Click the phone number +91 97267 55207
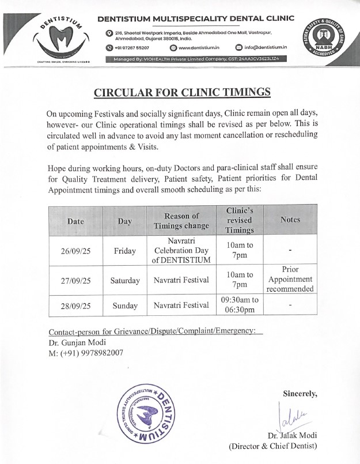(x=132, y=47)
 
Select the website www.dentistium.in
(x=199, y=47)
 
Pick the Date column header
(x=75, y=220)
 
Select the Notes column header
(x=290, y=220)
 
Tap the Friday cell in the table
(x=125, y=251)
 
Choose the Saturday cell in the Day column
(x=125, y=281)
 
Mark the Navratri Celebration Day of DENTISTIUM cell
(x=181, y=250)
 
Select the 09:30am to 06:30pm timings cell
(x=240, y=305)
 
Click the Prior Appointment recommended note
(x=290, y=280)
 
